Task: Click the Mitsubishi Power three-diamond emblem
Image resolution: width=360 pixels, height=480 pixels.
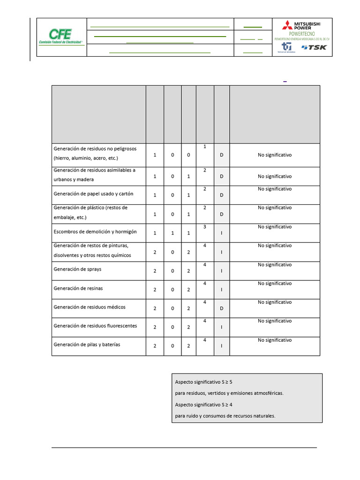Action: point(287,25)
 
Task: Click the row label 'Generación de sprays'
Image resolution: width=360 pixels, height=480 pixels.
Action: point(77,270)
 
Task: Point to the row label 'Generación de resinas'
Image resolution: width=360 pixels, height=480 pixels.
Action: point(78,288)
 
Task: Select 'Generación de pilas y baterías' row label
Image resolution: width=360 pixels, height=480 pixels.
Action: point(87,345)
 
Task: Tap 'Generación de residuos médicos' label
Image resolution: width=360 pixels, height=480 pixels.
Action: point(89,307)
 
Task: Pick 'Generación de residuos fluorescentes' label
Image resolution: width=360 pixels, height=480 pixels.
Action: point(95,326)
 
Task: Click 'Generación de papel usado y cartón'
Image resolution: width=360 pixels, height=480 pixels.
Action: point(93,194)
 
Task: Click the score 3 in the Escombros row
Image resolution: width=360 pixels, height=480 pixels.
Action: point(205,227)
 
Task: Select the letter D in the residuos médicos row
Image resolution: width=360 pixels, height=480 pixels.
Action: point(222,308)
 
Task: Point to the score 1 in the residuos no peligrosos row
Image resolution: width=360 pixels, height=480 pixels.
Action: point(205,147)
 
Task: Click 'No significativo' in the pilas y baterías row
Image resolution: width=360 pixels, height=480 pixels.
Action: point(275,340)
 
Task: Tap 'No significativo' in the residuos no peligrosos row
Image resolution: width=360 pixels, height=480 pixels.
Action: point(275,155)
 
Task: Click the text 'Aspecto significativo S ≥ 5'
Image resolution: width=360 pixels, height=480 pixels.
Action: point(203,382)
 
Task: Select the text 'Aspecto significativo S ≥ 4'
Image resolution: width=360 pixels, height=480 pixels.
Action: point(203,405)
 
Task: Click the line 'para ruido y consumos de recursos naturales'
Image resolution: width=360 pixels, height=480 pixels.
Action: point(225,416)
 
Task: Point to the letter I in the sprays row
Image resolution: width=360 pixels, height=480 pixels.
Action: point(222,271)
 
